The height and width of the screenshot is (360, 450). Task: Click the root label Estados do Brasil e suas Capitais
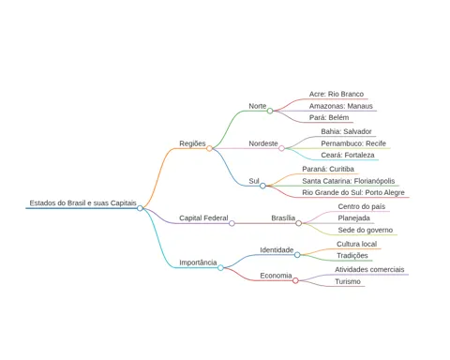pos(82,202)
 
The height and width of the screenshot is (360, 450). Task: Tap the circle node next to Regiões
pos(209,148)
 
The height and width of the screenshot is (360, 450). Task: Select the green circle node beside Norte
pos(270,111)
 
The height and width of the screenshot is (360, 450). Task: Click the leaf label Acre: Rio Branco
pos(337,94)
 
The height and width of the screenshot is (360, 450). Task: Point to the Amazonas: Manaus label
pos(341,106)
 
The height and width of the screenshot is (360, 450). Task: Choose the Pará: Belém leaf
pos(329,117)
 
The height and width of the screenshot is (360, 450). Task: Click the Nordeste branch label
pos(263,143)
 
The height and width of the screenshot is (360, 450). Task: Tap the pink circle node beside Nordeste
pos(281,148)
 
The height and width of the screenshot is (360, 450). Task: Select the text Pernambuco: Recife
pos(353,143)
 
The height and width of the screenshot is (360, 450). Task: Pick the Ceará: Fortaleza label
pos(348,155)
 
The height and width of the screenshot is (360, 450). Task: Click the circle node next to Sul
pos(262,186)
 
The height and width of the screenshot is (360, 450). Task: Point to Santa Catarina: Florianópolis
pos(349,181)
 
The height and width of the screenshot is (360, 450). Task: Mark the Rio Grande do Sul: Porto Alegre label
pos(353,192)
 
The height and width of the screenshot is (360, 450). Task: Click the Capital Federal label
pos(203,217)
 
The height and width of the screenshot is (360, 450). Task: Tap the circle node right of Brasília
pos(298,223)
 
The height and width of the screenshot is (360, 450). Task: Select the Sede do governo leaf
pos(366,230)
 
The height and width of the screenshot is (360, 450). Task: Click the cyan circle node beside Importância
pos(220,267)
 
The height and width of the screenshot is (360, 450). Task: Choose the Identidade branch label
pos(277,250)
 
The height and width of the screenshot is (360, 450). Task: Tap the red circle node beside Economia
pos(295,280)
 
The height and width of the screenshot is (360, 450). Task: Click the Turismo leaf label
pos(348,281)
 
